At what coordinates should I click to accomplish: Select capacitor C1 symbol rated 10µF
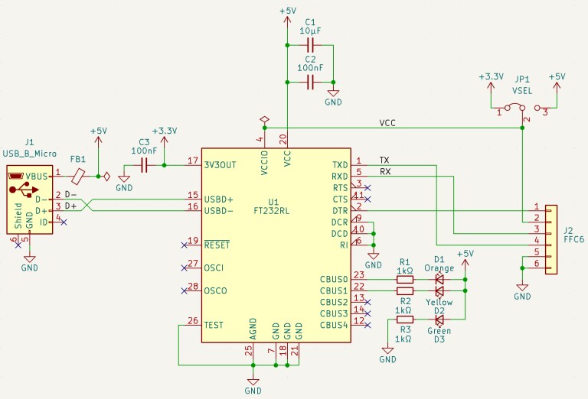pos(310,47)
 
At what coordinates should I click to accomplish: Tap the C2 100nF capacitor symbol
pos(310,82)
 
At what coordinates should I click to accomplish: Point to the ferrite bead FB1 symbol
pos(78,176)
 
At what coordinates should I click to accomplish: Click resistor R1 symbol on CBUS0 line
pos(405,280)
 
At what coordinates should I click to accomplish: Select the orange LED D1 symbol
pos(439,280)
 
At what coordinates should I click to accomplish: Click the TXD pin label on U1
pos(339,165)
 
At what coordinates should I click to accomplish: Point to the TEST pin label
pos(214,325)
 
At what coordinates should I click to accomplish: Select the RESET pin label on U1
pos(217,245)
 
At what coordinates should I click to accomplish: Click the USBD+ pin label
pos(218,199)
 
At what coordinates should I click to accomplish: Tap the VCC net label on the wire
pos(387,123)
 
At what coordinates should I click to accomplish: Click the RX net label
pos(385,171)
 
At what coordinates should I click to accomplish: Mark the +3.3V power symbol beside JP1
pos(490,77)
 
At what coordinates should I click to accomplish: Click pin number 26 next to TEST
pos(192,320)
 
